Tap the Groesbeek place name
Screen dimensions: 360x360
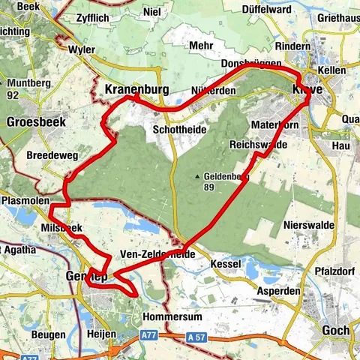pyautogui.click(x=36, y=121)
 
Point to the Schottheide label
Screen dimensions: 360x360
pyautogui.click(x=178, y=129)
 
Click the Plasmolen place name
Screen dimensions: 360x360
pyautogui.click(x=25, y=202)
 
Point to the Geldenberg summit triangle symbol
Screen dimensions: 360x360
pyautogui.click(x=199, y=177)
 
